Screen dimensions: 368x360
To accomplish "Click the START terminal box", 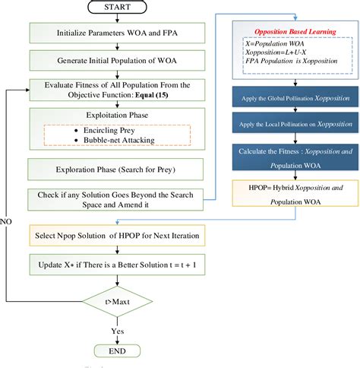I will [118, 8].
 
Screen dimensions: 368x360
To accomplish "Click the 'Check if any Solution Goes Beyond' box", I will [118, 201].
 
